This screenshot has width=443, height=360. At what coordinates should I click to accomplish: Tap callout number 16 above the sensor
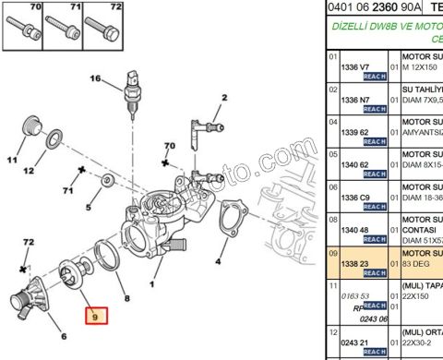pos(94,79)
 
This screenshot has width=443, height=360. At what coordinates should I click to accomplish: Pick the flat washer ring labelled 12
pos(54,140)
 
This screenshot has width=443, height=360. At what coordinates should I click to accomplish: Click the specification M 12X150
pos(423,67)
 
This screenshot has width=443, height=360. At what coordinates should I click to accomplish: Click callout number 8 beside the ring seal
pos(126,299)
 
